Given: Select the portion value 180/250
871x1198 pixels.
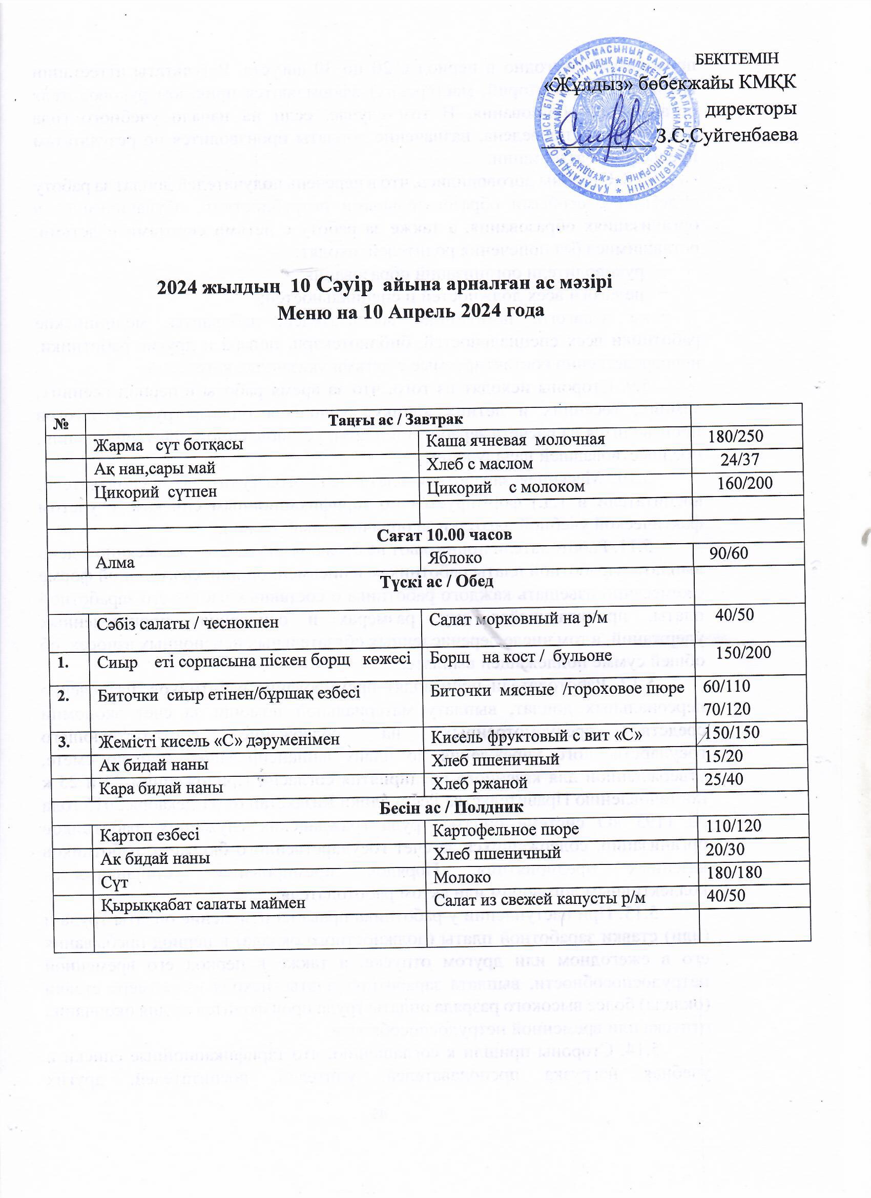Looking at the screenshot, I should click(x=735, y=436).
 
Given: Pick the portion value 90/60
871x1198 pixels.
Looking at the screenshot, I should click(x=729, y=553).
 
